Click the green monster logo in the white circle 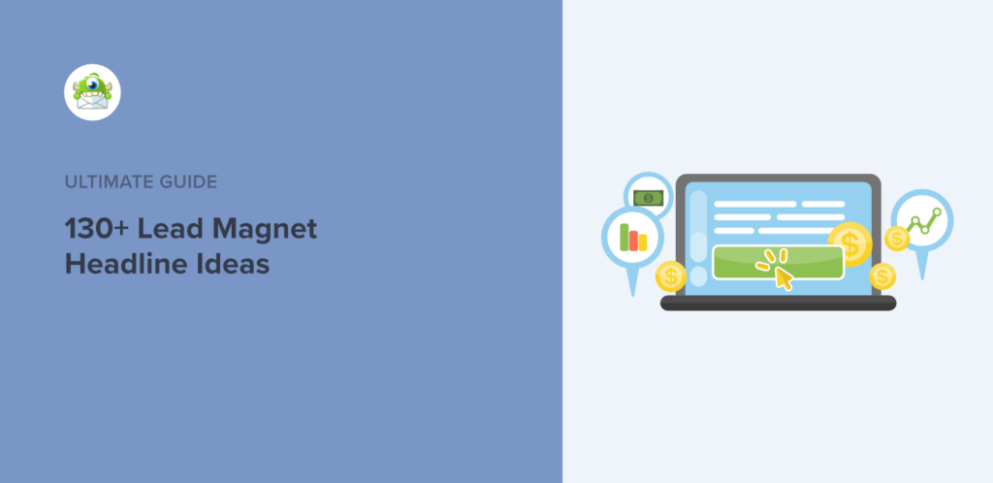click(92, 93)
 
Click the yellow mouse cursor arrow click(782, 277)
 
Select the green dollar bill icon click(646, 198)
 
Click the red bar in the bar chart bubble click(642, 242)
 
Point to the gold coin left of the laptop click(669, 277)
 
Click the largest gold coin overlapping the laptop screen click(850, 242)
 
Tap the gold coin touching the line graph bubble click(896, 238)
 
